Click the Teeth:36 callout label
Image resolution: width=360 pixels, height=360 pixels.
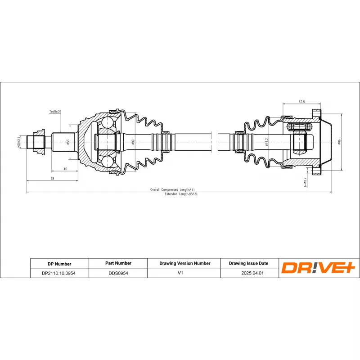click(x=55, y=111)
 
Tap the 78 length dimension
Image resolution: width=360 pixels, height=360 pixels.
click(x=52, y=179)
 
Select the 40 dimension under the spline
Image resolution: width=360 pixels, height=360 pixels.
click(x=65, y=169)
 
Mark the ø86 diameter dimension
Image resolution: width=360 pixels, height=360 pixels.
click(x=340, y=142)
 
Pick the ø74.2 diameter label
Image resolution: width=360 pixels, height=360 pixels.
click(x=267, y=142)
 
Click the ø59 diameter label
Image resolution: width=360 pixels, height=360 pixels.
click(x=133, y=142)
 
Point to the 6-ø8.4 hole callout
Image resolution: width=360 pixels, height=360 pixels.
click(x=305, y=181)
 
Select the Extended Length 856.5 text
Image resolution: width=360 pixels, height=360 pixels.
click(x=181, y=194)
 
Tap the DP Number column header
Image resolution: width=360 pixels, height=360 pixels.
click(x=59, y=264)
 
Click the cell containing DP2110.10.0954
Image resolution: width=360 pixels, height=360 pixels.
click(x=59, y=273)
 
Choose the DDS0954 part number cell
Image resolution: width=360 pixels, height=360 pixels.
click(x=118, y=273)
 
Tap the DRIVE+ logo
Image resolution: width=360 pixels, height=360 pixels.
click(x=318, y=268)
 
